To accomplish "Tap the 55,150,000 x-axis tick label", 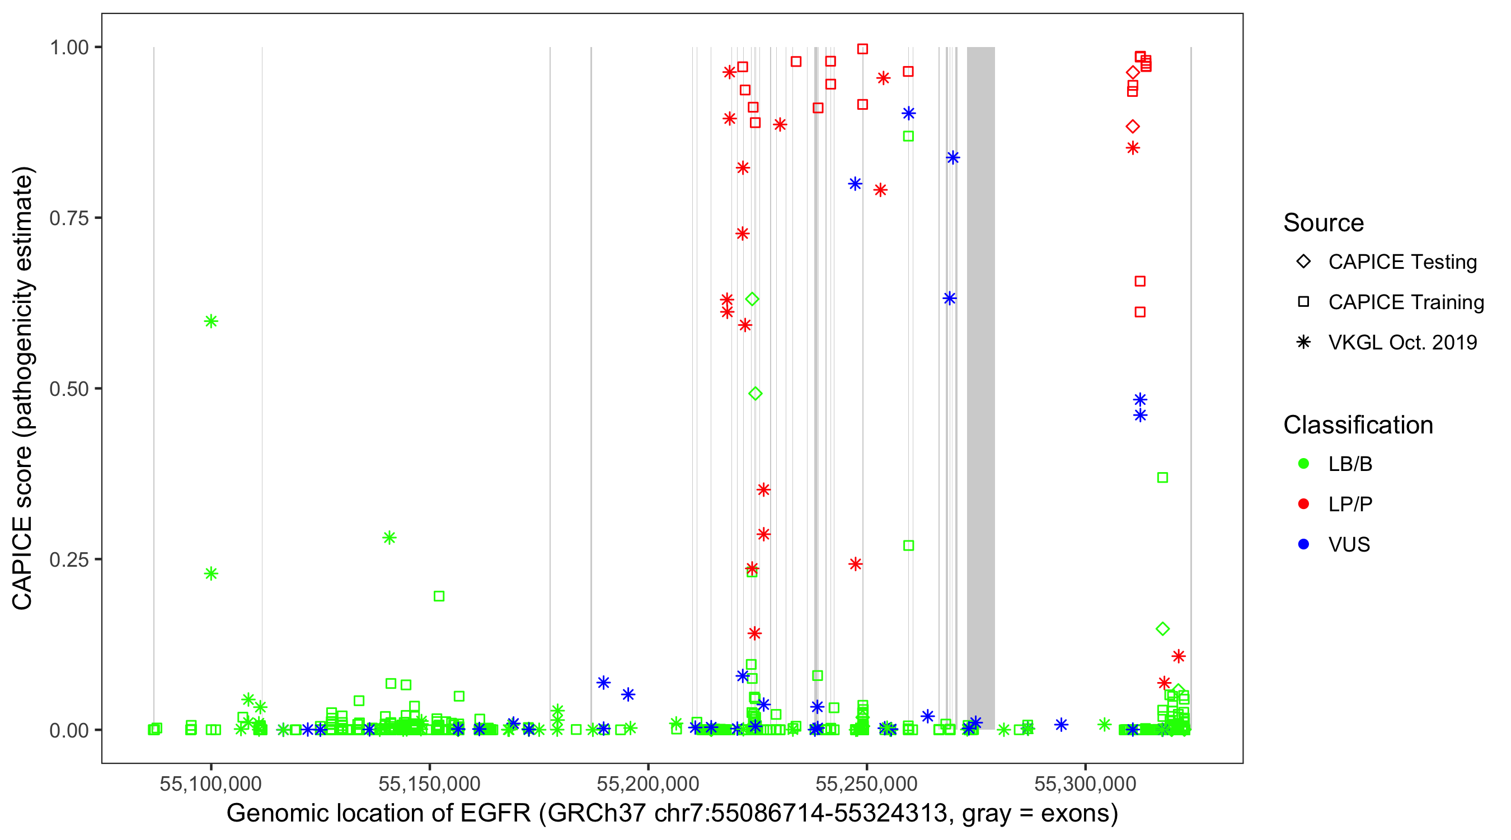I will (x=429, y=783).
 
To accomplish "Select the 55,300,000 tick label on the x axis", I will (x=1085, y=783).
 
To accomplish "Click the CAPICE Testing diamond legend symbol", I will (x=1303, y=262).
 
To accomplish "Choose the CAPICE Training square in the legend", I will (x=1303, y=302).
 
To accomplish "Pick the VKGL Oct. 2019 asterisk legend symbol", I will (x=1303, y=342).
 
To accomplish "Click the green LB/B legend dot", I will (x=1303, y=464).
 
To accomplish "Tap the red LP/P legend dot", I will (x=1303, y=504).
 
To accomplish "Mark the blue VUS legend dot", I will (x=1303, y=544).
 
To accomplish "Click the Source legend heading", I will (x=1324, y=223).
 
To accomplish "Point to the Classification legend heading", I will (x=1358, y=425).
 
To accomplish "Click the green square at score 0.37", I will (x=1162, y=478).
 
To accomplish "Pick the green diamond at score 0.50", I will (x=755, y=393).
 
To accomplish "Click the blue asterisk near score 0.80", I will (x=855, y=184).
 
